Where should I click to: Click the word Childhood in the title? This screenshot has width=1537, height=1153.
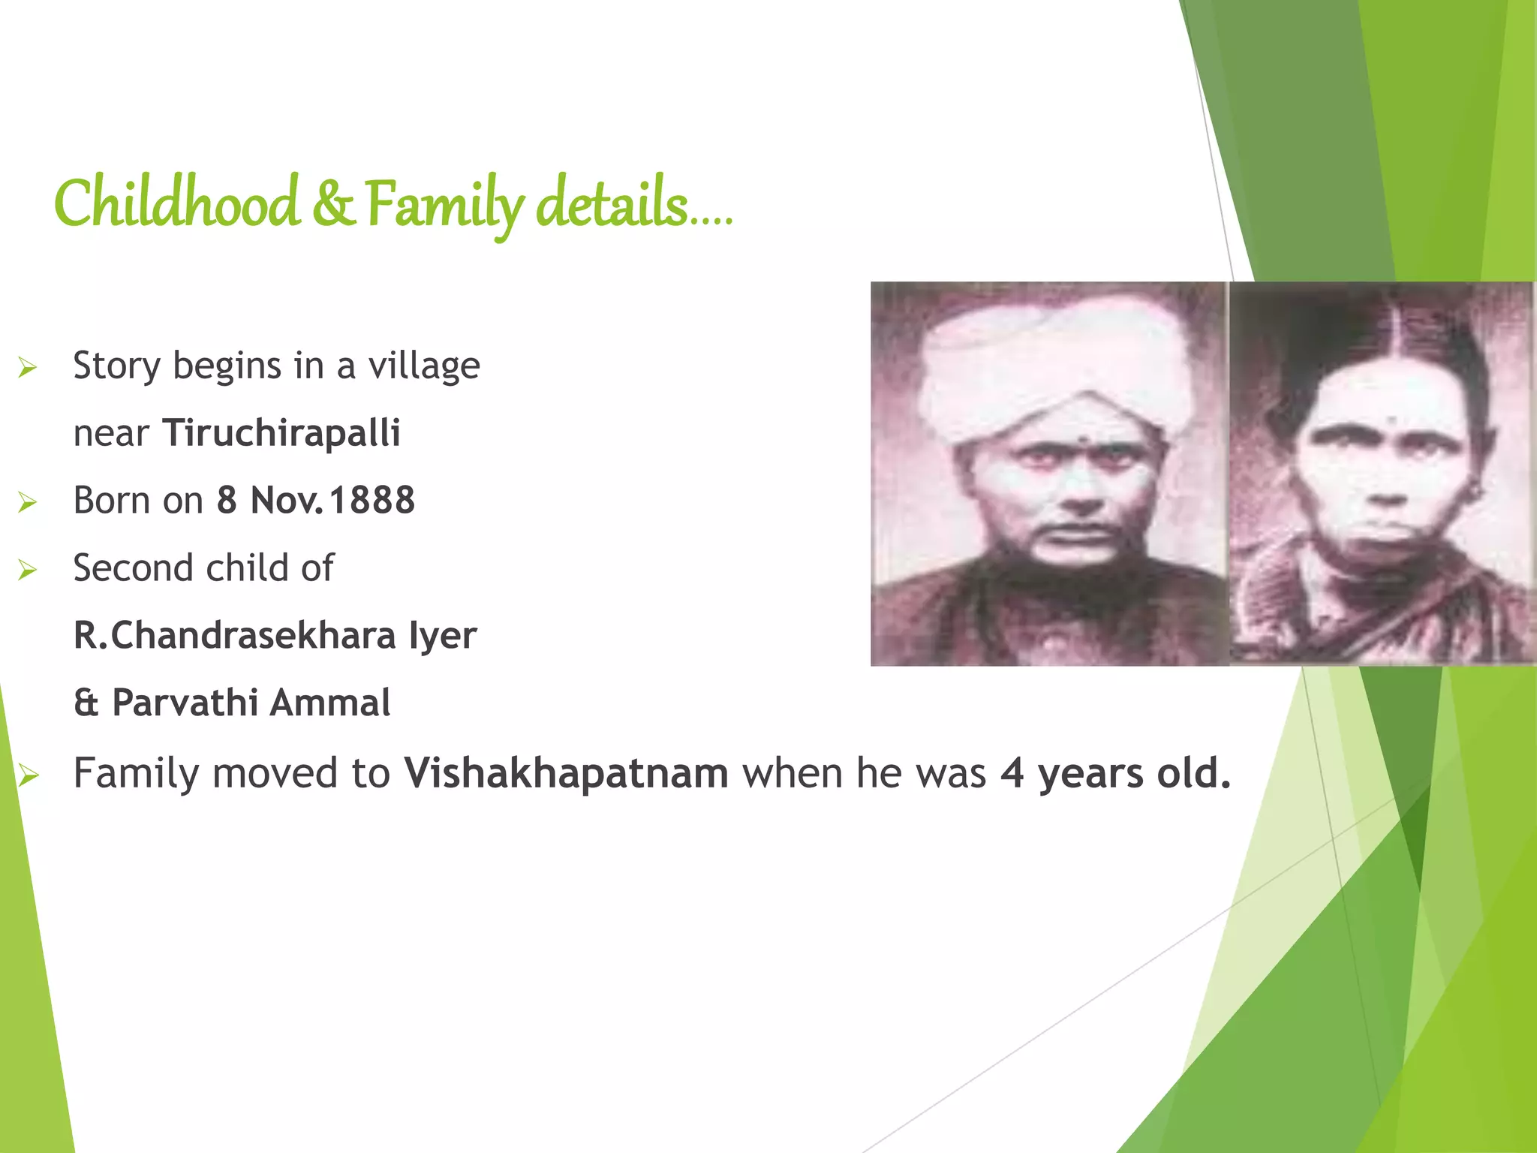177,204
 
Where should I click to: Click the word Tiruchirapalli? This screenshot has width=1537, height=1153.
281,433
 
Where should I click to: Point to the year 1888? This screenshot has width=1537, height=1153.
372,501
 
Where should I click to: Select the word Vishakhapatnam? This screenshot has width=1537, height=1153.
566,773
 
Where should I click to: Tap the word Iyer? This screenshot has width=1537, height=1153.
443,636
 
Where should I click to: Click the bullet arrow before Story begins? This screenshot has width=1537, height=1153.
28,368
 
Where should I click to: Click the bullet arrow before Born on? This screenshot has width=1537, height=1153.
28,502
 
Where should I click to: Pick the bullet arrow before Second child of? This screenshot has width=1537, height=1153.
28,570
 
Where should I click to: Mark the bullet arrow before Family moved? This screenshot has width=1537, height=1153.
28,775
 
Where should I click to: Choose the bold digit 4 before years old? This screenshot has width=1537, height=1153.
1012,773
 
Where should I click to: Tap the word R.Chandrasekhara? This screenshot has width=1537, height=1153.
234,636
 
